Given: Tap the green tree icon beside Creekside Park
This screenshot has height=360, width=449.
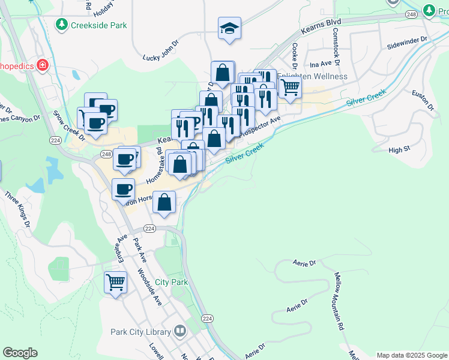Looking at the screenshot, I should pos(61,25).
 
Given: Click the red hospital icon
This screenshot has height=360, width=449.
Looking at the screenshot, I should pos(43,65).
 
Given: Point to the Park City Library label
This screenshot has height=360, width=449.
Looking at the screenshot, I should pos(141,331).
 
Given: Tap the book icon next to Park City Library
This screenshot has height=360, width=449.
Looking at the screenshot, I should pos(180,331).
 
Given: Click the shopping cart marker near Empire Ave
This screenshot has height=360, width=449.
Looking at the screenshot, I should pos(115,281).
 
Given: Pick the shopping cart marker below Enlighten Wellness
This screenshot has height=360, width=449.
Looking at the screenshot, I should pos(290,88).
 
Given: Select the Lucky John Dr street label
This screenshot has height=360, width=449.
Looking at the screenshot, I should pos(161,58).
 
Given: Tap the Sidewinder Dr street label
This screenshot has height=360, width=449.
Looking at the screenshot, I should pos(406,42).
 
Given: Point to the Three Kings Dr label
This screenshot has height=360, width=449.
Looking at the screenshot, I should pos(17,209).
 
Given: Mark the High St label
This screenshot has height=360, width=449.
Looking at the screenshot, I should pos(399,149).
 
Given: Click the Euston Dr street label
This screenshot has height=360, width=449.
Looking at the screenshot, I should pos(423,100).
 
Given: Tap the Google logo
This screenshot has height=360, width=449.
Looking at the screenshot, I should pos(20,353).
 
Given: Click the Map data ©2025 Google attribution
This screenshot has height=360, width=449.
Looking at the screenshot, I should pos(411,355).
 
